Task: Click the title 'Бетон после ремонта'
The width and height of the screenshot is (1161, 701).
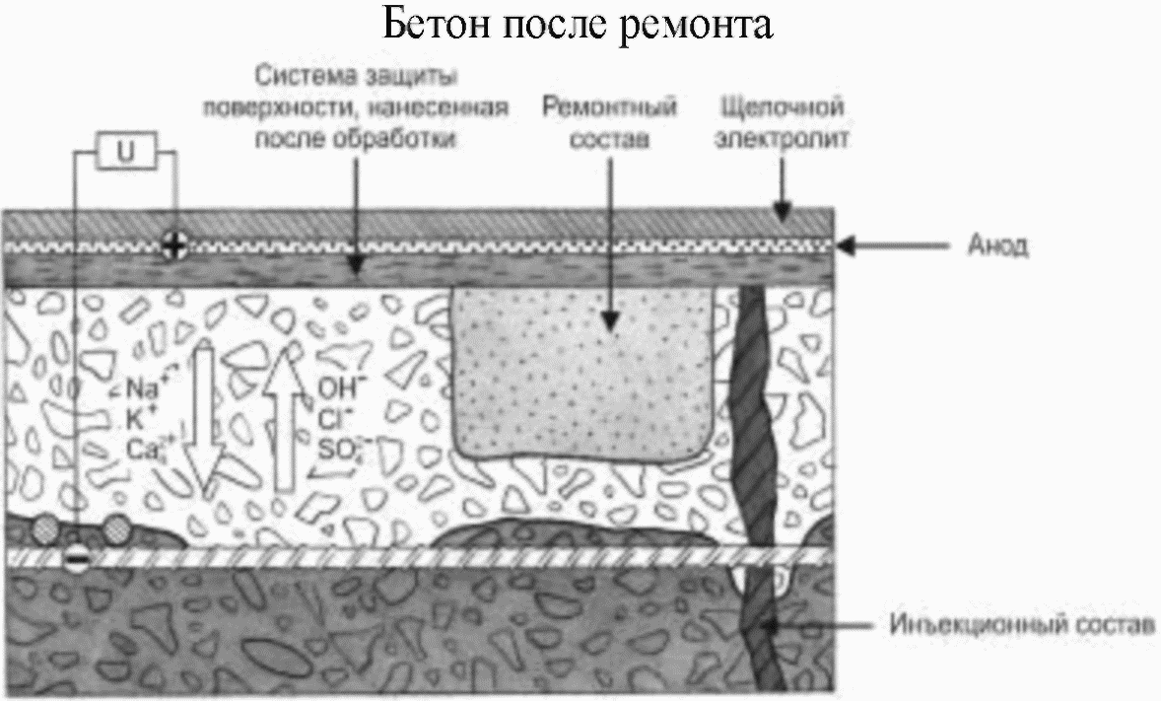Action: click(x=580, y=27)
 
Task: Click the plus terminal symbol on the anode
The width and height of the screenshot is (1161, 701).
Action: click(x=174, y=243)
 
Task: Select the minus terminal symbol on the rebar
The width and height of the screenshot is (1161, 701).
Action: click(x=76, y=559)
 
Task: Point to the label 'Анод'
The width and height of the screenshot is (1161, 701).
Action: click(x=996, y=246)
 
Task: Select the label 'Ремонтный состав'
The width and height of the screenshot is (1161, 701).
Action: click(x=610, y=121)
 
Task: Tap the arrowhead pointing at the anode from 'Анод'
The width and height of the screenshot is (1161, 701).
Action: click(x=846, y=246)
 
